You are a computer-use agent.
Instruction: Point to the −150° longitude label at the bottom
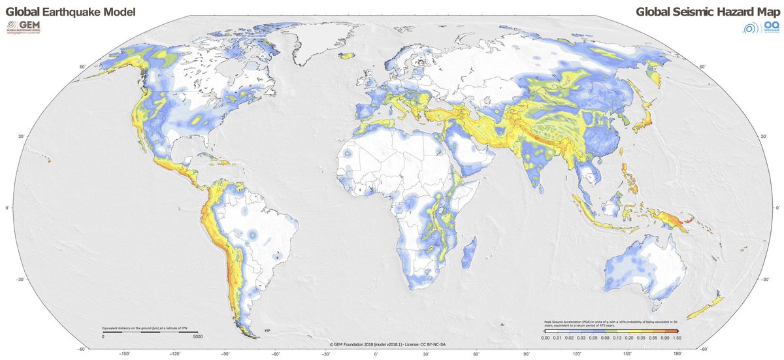coord(124,353)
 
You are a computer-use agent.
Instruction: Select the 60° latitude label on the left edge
coord(83,67)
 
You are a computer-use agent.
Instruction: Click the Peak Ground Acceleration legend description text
coord(614,324)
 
